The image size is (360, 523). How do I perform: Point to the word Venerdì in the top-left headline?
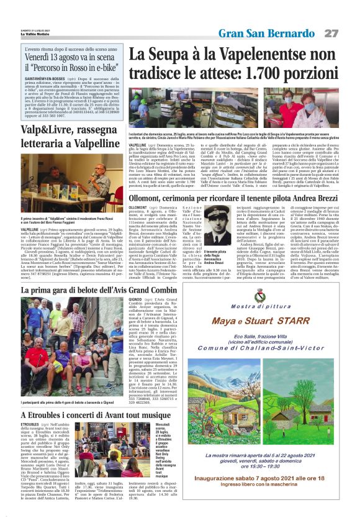pyautogui.click(x=44, y=58)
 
